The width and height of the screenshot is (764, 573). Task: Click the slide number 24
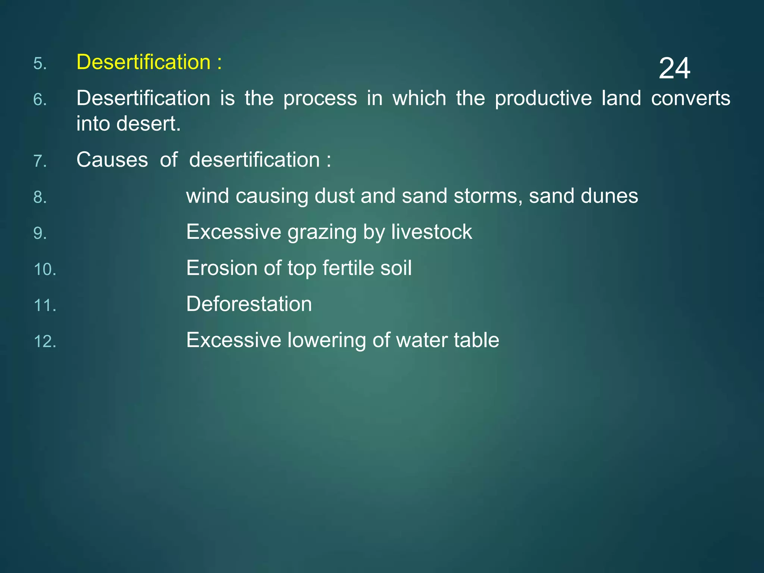[x=674, y=69]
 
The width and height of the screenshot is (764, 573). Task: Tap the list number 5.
[x=40, y=64]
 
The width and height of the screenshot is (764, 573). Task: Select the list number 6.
[x=40, y=100]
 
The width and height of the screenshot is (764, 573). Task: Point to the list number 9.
[x=40, y=234]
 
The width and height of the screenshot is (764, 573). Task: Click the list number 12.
[x=45, y=342]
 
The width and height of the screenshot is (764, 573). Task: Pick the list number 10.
[x=45, y=270]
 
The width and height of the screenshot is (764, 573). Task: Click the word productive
[x=543, y=99]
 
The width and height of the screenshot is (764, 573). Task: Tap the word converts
[x=691, y=98]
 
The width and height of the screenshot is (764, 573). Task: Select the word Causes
[x=112, y=160]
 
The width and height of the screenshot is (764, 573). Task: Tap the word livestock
[x=432, y=232]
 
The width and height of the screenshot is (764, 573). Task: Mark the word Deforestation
[x=249, y=304]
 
